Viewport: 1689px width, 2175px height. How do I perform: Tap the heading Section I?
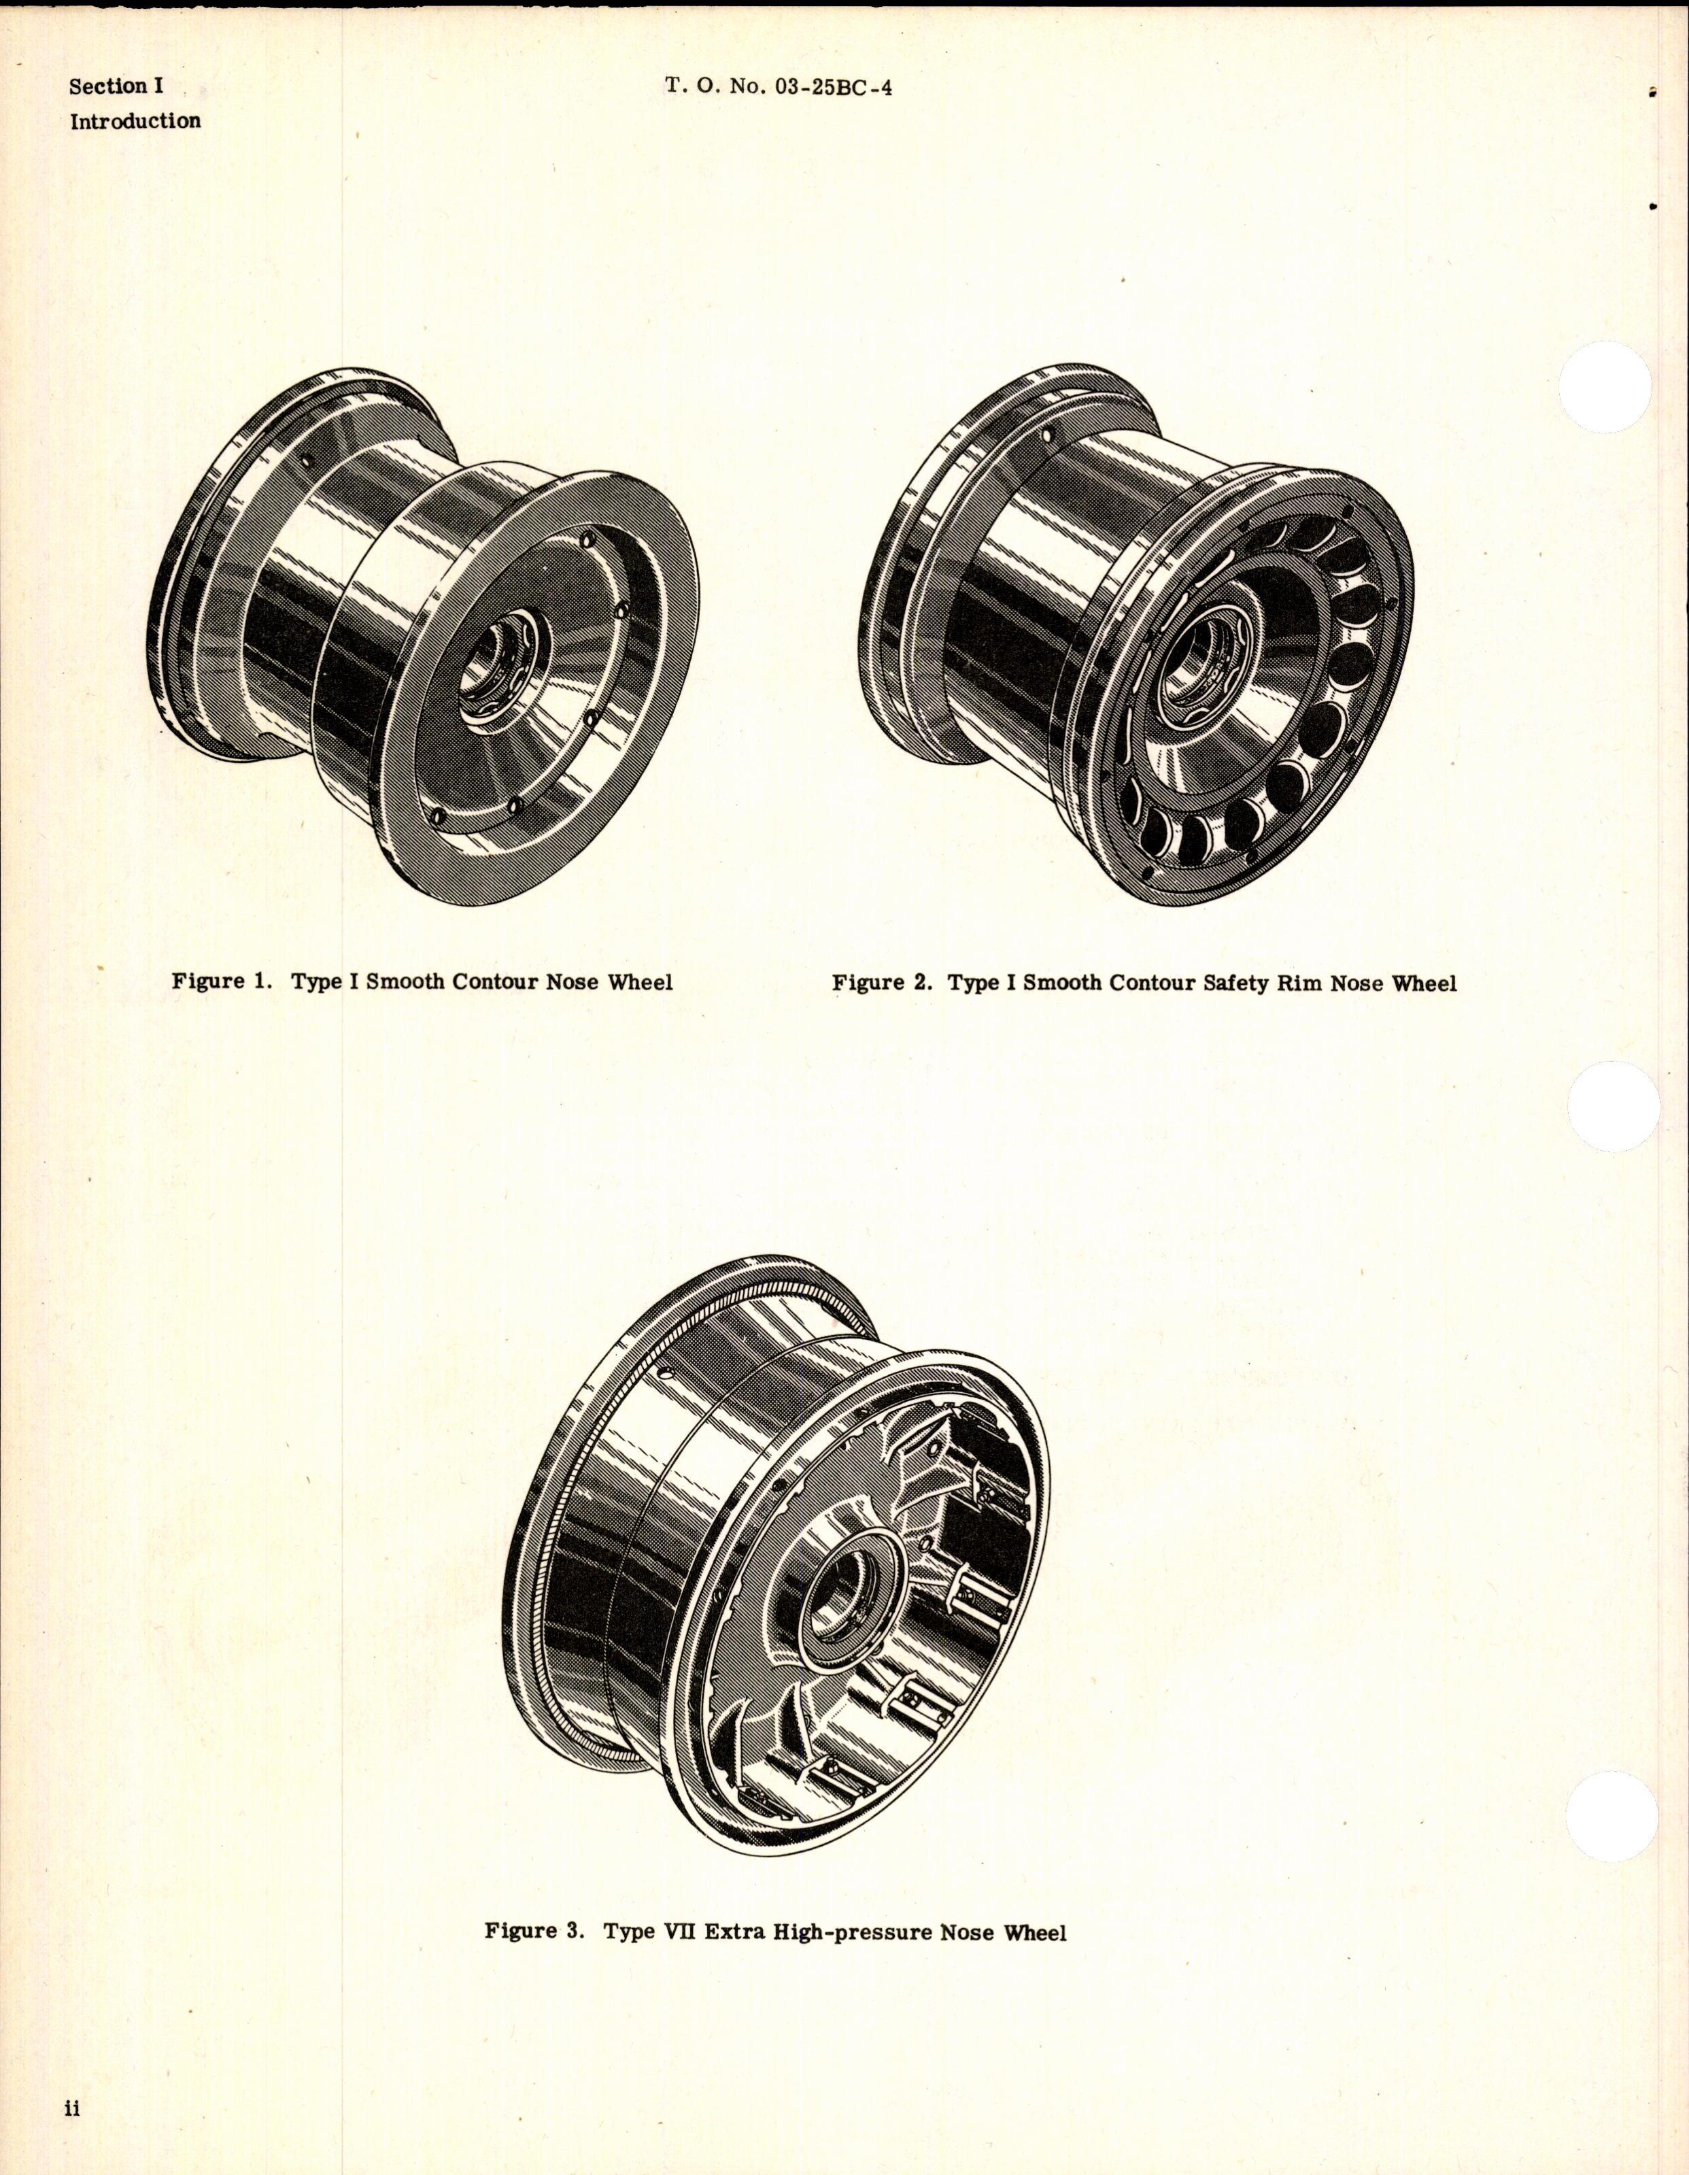point(116,86)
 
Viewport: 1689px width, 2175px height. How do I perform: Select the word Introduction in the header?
point(135,122)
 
